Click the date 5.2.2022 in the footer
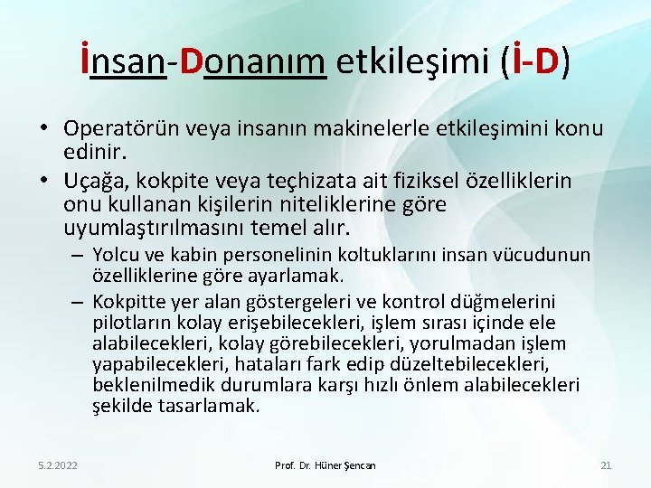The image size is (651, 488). (58, 465)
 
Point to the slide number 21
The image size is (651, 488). (606, 465)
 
